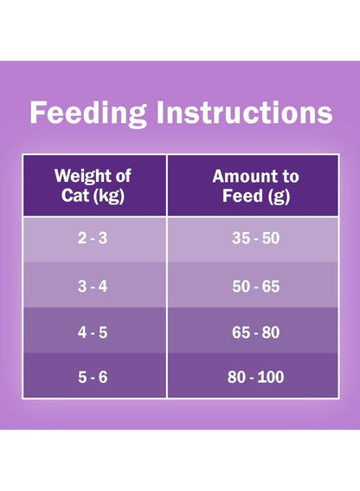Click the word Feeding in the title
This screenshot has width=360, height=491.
tap(88, 113)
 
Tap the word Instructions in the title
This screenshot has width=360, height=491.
tap(244, 112)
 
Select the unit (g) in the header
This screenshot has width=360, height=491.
tap(279, 197)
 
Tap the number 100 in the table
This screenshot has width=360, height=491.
tap(271, 377)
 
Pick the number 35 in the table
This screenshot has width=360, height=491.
tap(241, 238)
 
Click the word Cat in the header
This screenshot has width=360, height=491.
tap(75, 196)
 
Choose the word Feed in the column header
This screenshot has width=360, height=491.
tap(242, 196)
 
